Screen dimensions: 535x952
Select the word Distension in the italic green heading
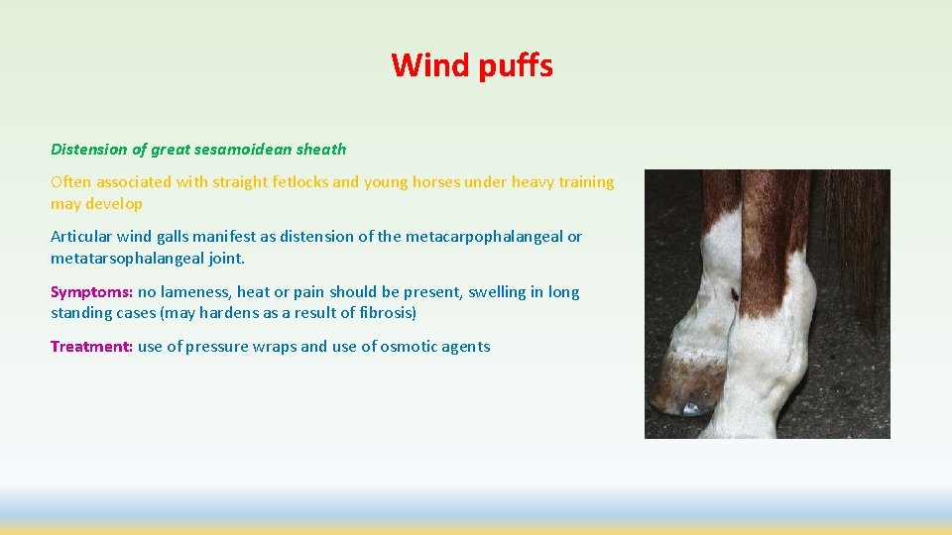[x=89, y=150]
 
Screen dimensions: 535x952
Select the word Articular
[x=81, y=237]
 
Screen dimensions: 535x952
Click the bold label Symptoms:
[x=91, y=292]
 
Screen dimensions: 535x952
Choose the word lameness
[x=196, y=292]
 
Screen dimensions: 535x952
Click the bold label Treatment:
[x=91, y=347]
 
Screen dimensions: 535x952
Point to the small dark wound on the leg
[x=734, y=294]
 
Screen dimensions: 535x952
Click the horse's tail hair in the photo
[x=863, y=258]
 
